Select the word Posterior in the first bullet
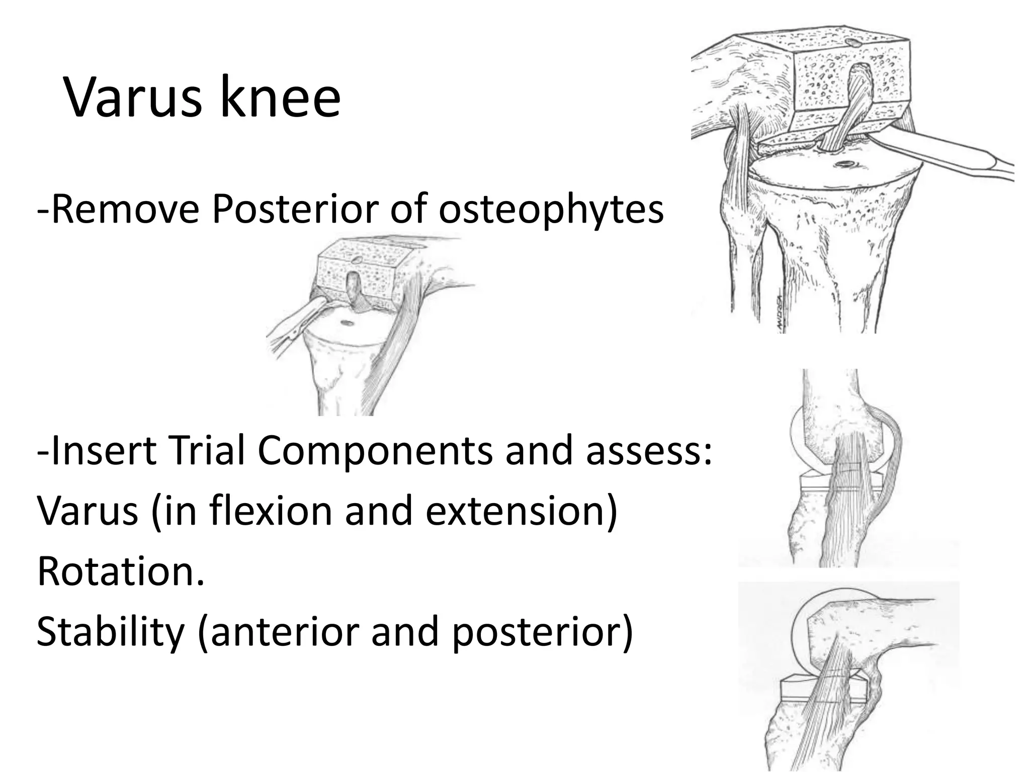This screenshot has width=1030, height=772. pyautogui.click(x=295, y=209)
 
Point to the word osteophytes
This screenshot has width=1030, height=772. pyautogui.click(x=551, y=209)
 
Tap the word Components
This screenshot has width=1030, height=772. pyautogui.click(x=375, y=450)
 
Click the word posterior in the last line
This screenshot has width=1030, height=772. pyautogui.click(x=536, y=632)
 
